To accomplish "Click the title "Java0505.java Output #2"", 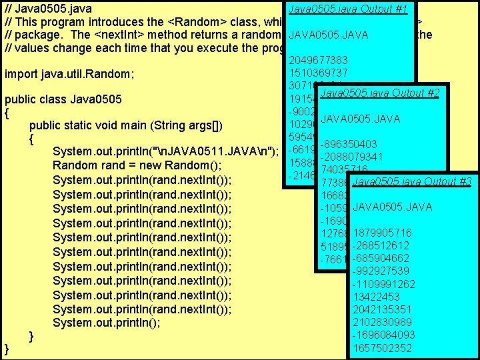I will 379,93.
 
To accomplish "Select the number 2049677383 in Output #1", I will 318,61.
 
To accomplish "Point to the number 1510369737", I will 318,72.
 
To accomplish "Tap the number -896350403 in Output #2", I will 349,144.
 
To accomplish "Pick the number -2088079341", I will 351,157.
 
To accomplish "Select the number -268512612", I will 381,245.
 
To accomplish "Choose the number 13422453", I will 377,297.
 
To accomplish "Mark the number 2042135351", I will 383,309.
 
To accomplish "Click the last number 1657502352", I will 383,348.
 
